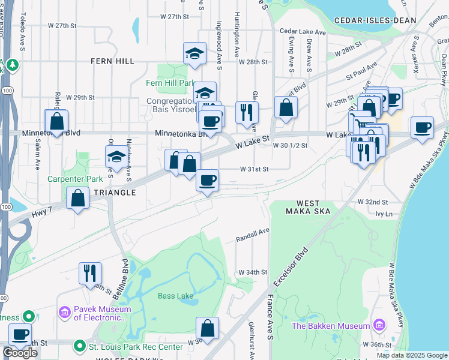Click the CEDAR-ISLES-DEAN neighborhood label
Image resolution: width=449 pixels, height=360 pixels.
[384, 20]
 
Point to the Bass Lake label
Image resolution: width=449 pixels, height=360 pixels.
[175, 296]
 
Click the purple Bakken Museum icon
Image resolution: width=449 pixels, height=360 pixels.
[379, 325]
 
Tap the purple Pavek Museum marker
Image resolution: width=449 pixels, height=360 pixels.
[64, 313]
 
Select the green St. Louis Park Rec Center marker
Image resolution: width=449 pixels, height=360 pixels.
[80, 346]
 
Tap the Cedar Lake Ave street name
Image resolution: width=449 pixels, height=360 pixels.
[302, 32]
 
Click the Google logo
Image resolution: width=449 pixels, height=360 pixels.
[20, 353]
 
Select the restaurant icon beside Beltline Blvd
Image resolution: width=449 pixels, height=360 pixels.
[90, 272]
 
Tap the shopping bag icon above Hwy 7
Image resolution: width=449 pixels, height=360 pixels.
[78, 198]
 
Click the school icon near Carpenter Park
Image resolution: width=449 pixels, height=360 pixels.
[116, 158]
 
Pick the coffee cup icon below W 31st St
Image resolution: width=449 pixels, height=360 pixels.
[208, 180]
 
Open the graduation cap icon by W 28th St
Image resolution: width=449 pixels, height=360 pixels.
[194, 53]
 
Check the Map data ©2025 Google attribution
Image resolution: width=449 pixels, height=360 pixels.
[411, 355]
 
